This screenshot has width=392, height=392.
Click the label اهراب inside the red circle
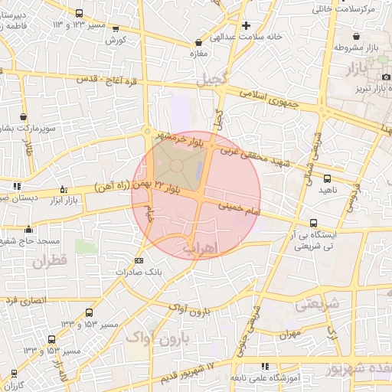click(x=201, y=247)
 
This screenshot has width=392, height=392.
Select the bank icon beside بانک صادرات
click(x=138, y=261)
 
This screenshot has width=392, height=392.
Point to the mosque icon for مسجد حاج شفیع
click(x=29, y=228)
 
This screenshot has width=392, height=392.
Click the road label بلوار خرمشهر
click(x=178, y=138)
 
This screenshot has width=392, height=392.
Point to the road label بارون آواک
click(x=188, y=312)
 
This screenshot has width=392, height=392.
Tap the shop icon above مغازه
click(x=200, y=43)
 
